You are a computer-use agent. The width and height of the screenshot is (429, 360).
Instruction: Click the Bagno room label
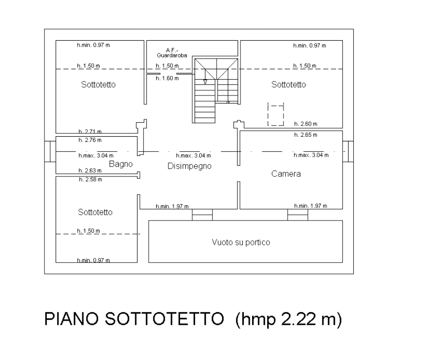coord(121,164)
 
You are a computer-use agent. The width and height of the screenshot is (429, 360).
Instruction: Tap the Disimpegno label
coord(189,166)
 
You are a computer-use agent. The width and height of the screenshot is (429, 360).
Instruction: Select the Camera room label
coord(286,174)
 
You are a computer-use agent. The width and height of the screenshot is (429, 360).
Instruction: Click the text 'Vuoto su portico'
coord(241,242)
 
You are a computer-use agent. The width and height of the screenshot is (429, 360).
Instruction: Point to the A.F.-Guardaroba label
coord(172,53)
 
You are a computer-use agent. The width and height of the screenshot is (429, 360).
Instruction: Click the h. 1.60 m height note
coord(167,78)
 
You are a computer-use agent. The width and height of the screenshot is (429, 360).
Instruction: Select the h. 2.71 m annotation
coord(90,132)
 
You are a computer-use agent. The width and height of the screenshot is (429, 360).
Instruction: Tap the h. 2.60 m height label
coord(305,124)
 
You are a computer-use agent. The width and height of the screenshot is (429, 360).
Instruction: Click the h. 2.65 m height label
coord(305,135)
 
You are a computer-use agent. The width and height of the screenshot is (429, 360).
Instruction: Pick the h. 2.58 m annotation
coord(91,180)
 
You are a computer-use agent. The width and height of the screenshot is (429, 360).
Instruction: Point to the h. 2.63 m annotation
coord(90,170)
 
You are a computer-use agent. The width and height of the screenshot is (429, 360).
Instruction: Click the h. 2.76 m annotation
coord(90,140)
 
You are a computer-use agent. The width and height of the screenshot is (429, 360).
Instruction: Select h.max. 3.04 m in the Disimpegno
coord(193,155)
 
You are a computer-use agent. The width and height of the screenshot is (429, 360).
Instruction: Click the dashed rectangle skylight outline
coord(276,114)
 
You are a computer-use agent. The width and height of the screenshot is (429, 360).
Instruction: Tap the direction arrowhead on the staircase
coord(205,82)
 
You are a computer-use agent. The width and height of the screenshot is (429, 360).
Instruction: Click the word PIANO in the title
coord(71,319)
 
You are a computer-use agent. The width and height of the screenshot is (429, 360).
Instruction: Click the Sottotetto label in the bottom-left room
coord(95,212)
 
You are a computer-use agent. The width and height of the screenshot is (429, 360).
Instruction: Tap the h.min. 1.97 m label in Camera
coord(311,206)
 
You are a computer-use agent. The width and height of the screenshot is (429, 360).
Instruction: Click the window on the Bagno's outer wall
coord(50,151)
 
